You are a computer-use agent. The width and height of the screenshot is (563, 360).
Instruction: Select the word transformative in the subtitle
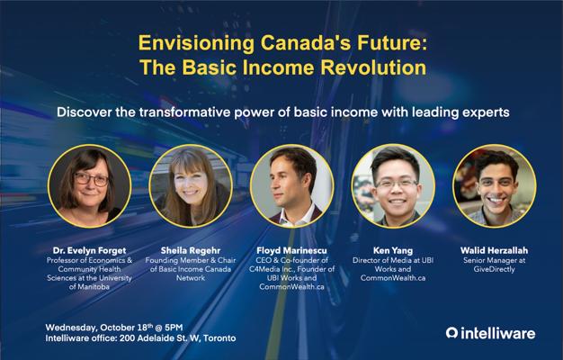184,112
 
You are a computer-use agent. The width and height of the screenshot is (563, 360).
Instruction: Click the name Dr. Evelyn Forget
89,250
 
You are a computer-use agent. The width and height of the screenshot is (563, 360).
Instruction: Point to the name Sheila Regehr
191,250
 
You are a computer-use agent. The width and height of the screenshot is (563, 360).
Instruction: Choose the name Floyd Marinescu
291,250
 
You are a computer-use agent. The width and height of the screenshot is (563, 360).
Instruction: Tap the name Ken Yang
393,250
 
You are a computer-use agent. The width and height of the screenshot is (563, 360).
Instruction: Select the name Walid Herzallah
494,250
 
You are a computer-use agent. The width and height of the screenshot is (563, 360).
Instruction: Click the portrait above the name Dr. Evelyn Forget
89,186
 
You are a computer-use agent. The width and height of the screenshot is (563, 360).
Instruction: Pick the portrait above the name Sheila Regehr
191,186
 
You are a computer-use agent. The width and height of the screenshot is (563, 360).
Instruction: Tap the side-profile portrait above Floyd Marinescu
292,186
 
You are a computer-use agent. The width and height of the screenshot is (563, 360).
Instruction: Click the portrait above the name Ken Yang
393,186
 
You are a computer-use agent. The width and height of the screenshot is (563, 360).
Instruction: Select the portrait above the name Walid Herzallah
495,186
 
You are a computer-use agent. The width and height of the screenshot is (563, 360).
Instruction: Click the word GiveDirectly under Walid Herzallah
494,269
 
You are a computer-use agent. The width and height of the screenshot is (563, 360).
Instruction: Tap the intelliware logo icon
451,333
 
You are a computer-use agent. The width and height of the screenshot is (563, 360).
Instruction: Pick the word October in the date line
118,328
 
